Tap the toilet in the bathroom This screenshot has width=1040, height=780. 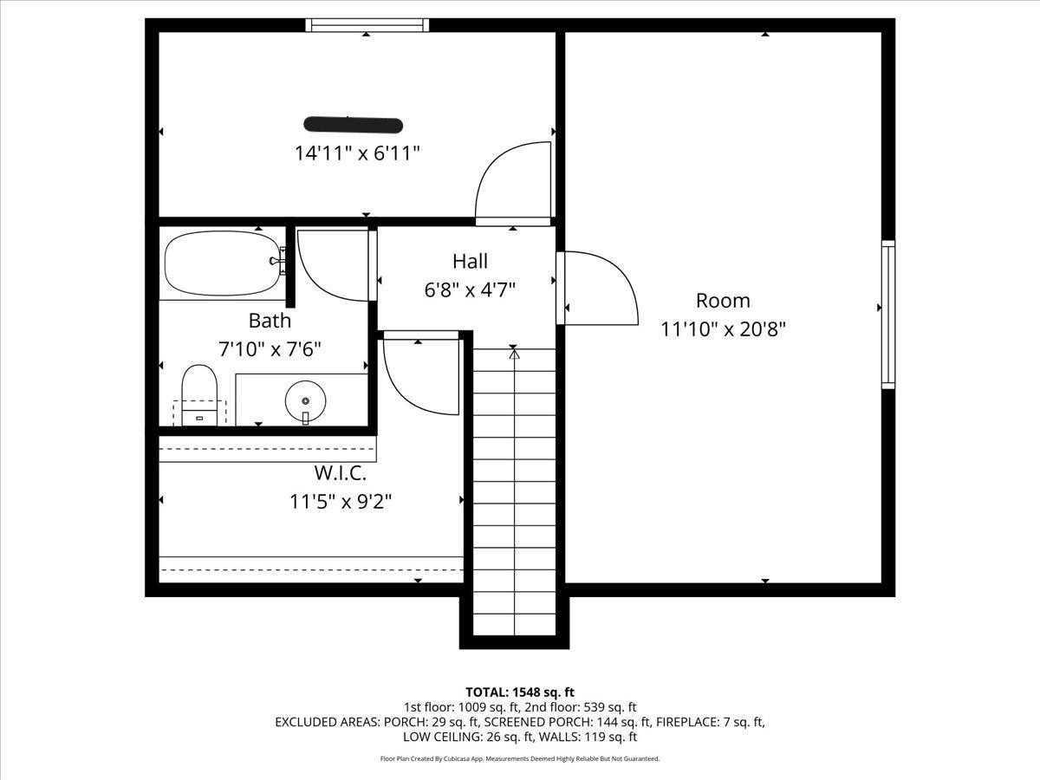click(x=198, y=394)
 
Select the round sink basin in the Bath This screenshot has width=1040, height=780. click(x=305, y=400)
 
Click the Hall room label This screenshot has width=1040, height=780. click(x=470, y=261)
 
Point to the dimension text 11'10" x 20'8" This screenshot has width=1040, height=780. click(x=723, y=329)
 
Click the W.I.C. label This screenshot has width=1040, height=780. click(x=340, y=474)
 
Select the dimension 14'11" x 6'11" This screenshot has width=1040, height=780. click(x=357, y=153)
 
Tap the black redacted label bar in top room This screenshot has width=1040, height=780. click(x=353, y=125)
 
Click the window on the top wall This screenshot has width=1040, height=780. click(x=367, y=25)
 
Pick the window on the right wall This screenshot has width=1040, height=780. click(x=887, y=314)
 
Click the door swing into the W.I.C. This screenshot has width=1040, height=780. click(x=418, y=375)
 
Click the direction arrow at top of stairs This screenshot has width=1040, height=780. click(x=514, y=353)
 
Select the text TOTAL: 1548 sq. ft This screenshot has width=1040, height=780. click(x=520, y=692)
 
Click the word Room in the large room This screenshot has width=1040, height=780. click(x=723, y=301)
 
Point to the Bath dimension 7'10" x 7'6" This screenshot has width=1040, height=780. click(x=270, y=349)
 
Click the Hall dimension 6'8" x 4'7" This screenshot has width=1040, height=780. click(x=470, y=289)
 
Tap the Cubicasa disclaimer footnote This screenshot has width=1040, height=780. click(x=520, y=758)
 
